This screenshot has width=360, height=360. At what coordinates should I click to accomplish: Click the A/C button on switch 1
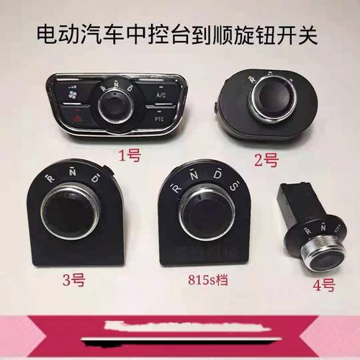coord(159,94)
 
